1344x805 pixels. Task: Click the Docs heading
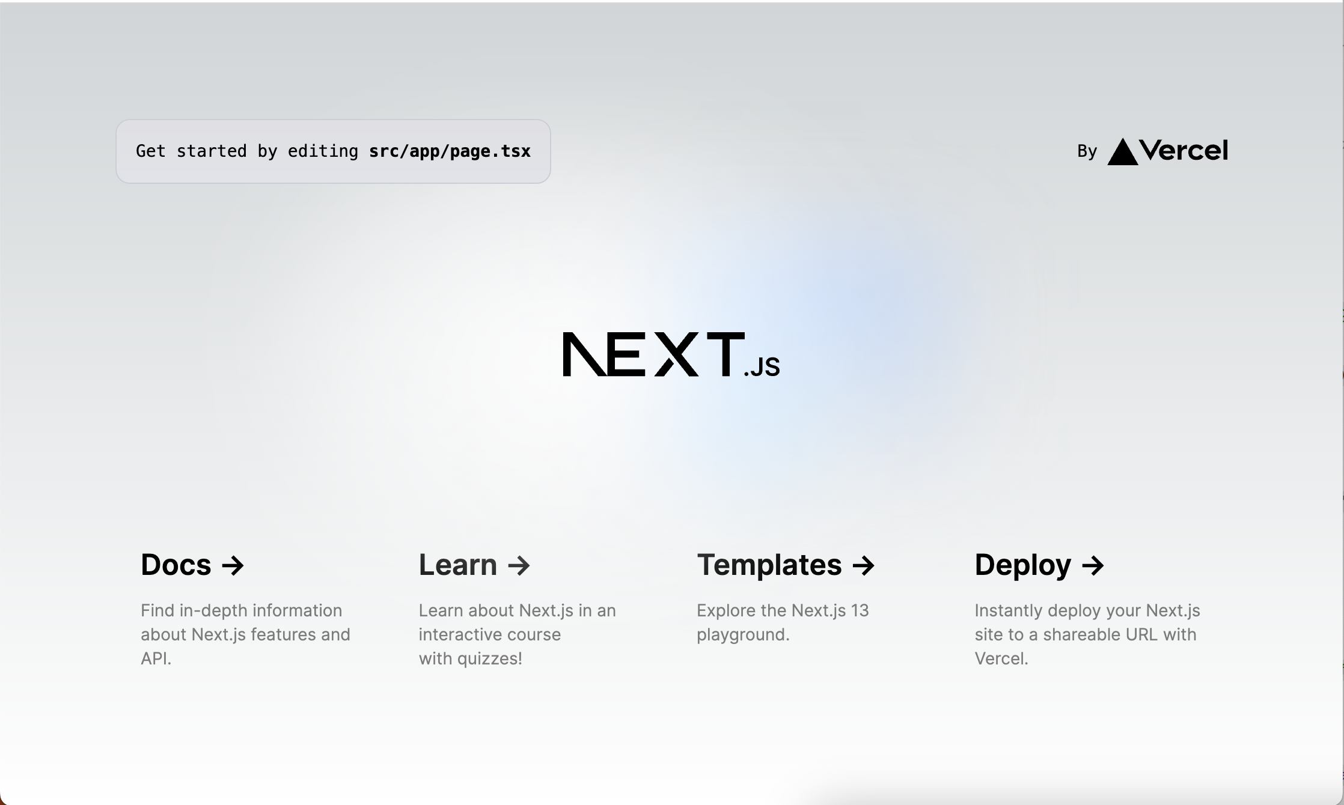176,565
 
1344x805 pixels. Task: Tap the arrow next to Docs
233,565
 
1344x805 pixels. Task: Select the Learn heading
458,565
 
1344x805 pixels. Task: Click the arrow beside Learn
519,565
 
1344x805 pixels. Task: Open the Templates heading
769,566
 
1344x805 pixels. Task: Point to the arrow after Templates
864,565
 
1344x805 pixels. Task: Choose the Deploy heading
1023,566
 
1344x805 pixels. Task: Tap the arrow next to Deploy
1093,565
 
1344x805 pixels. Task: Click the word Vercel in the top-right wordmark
1184,150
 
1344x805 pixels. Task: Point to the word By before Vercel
1087,151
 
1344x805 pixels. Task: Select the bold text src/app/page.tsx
450,151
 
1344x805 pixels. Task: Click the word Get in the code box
150,151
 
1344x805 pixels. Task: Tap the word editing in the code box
323,151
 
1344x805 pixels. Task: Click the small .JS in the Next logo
762,366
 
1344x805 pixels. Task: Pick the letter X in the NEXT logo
677,354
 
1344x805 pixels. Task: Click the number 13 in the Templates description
860,610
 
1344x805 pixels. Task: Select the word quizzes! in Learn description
489,659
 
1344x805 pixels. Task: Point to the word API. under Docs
156,658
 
